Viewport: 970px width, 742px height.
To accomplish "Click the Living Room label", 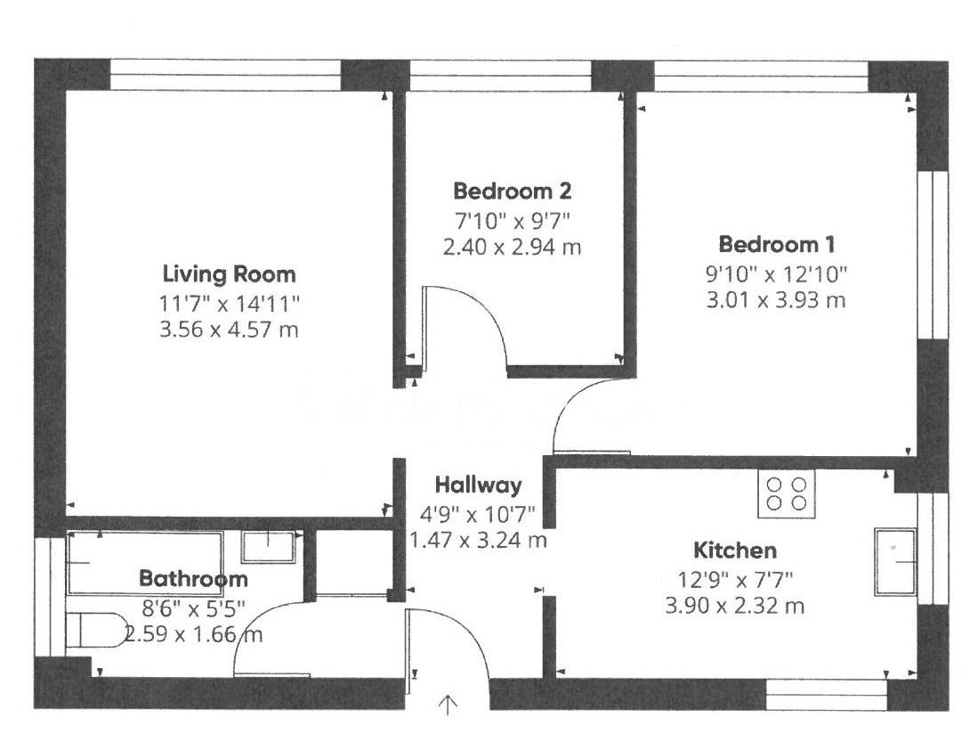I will (x=229, y=273).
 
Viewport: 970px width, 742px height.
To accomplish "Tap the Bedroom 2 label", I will (x=512, y=191).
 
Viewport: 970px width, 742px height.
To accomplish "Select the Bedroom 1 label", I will (x=777, y=244).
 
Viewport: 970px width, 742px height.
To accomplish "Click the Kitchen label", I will (x=736, y=550).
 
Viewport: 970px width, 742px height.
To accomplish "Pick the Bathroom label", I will (x=193, y=579).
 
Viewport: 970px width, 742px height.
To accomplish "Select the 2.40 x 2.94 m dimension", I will (x=512, y=247).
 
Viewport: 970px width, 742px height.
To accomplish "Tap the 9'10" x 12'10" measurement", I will (x=777, y=273).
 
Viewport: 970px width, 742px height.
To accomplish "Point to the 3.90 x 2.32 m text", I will (x=736, y=607).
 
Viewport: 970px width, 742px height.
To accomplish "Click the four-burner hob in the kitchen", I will (x=786, y=493).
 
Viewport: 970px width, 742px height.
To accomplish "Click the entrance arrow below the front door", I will (x=448, y=705).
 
